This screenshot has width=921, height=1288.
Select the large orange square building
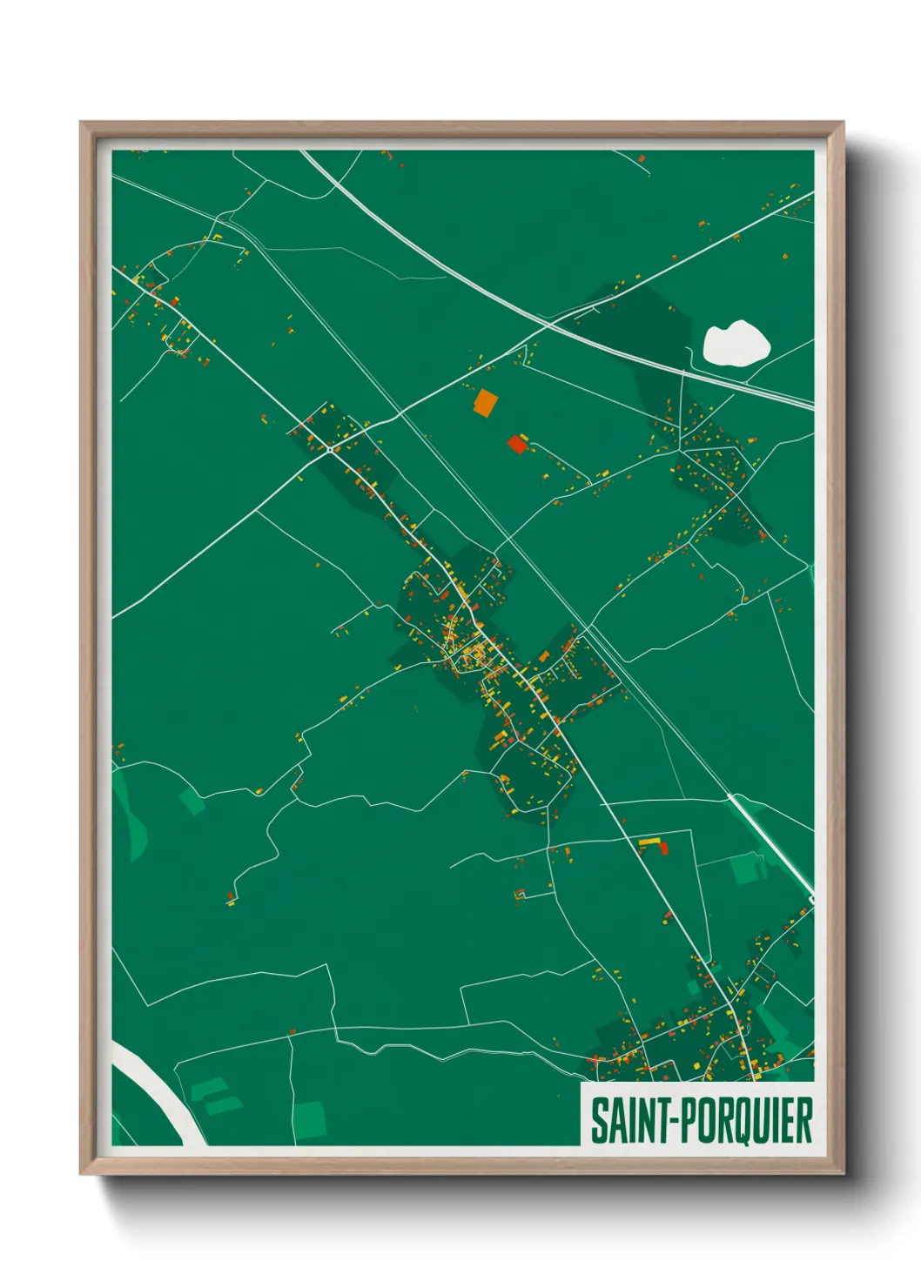click(x=485, y=402)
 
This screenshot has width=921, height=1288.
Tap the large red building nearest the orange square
click(x=517, y=445)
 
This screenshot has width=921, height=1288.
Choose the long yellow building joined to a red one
click(x=649, y=842)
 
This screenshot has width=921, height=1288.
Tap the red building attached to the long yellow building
click(x=663, y=847)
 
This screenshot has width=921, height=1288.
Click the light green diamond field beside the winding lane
click(x=192, y=802)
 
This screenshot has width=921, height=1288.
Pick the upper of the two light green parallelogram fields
click(x=208, y=1088)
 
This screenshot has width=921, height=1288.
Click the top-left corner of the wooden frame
click(x=82, y=124)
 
